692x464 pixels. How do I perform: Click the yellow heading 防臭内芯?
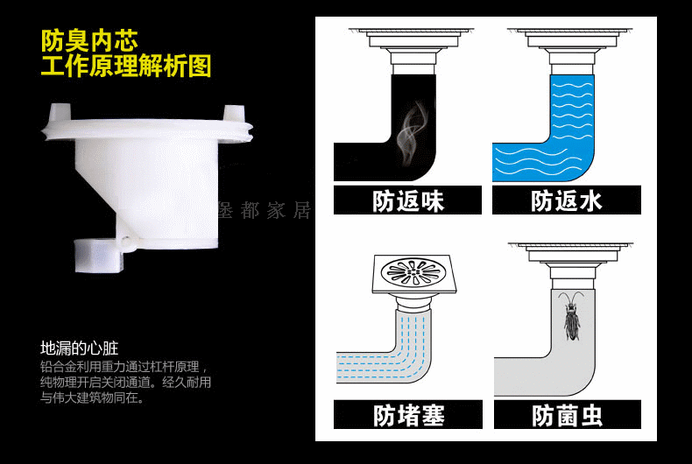pyautogui.click(x=89, y=40)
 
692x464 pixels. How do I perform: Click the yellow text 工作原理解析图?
pyautogui.click(x=126, y=66)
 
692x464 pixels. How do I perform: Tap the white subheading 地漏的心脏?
pyautogui.click(x=79, y=348)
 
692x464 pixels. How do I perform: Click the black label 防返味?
pyautogui.click(x=407, y=200)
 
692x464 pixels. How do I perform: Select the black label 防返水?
pyautogui.click(x=566, y=200)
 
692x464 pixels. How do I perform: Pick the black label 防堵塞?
pyautogui.click(x=408, y=415)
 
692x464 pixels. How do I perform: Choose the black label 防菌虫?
pyautogui.click(x=567, y=415)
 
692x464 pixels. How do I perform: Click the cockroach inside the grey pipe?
pyautogui.click(x=571, y=315)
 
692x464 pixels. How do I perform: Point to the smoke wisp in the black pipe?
pyautogui.click(x=412, y=132)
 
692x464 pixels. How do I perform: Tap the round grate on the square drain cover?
pyautogui.click(x=413, y=271)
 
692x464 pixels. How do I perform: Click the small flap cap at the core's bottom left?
pyautogui.click(x=97, y=255)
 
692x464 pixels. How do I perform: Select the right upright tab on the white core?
pyautogui.click(x=235, y=113)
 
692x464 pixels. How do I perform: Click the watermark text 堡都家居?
pyautogui.click(x=265, y=211)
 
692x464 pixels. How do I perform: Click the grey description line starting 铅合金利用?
pyautogui.click(x=124, y=367)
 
